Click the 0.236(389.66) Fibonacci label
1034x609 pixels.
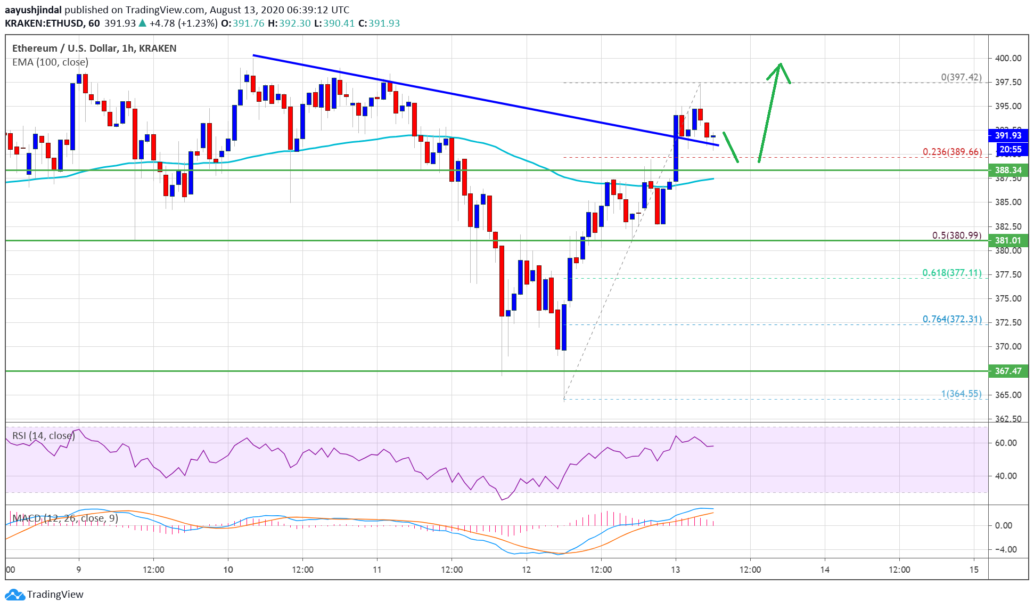pos(952,152)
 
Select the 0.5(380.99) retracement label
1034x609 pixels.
pos(956,235)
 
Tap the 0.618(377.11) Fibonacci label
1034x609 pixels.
pos(951,273)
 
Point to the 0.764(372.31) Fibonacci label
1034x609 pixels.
pos(951,319)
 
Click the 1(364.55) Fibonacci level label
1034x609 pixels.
pos(961,394)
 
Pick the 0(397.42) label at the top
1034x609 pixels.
pos(961,77)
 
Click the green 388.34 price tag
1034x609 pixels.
pos(1008,170)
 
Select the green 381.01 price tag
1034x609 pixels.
pos(1008,240)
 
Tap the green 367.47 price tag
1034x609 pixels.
pos(1008,371)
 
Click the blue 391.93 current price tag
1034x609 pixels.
pos(1008,135)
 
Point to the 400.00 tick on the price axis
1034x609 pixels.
pos(1008,58)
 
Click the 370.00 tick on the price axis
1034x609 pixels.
pos(1008,346)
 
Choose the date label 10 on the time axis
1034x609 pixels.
pos(228,570)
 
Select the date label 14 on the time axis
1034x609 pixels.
pos(825,570)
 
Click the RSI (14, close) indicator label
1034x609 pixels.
pos(44,436)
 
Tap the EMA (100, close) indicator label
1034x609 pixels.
pos(50,62)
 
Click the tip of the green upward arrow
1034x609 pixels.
pos(780,64)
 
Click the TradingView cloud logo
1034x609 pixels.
pos(14,595)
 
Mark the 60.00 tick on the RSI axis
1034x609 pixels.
pos(1006,443)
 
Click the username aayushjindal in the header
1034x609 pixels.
pos(33,10)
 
